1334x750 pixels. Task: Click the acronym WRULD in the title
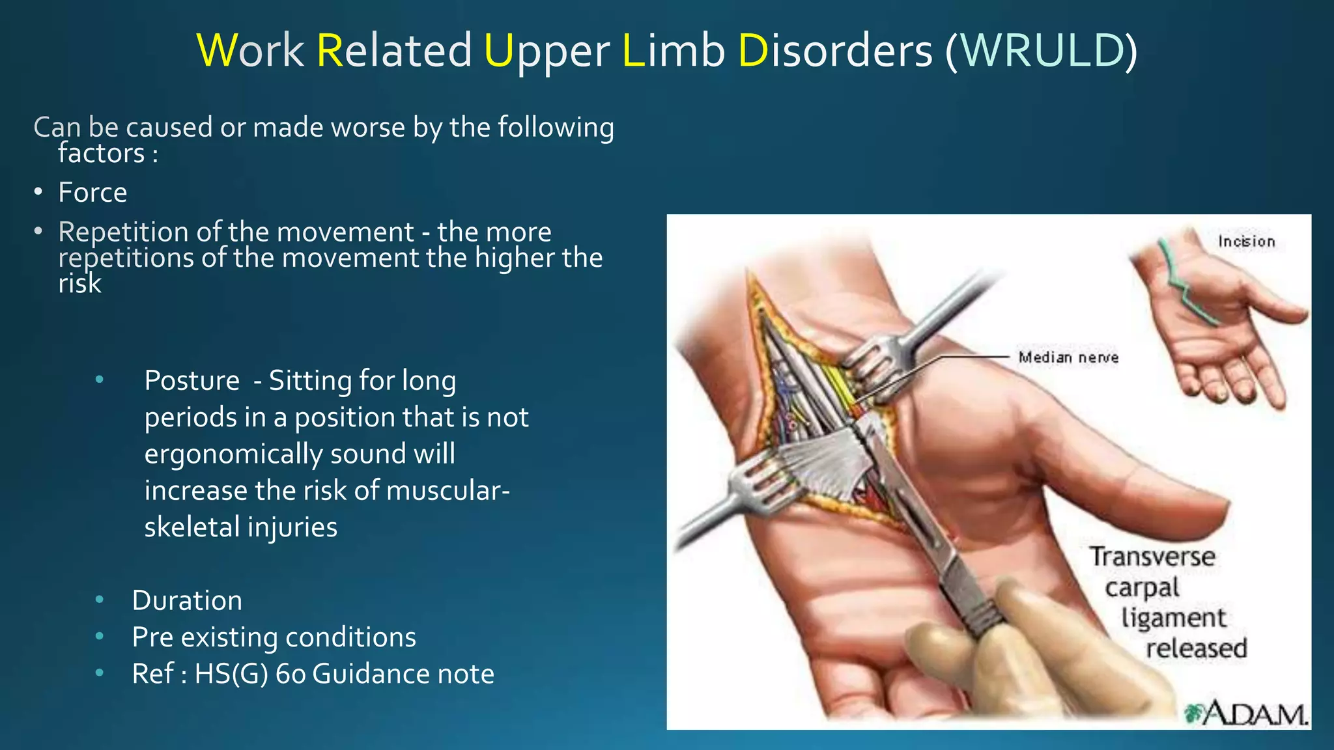[x=1041, y=50]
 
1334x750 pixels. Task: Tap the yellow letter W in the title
[x=216, y=50]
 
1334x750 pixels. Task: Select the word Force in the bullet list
[x=92, y=193]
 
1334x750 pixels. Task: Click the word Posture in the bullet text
[x=192, y=381]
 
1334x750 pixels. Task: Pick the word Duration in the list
[x=187, y=600]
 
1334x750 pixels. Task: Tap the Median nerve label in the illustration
[x=1068, y=357]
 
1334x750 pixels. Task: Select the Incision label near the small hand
[x=1246, y=242]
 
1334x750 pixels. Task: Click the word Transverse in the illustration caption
[x=1152, y=557]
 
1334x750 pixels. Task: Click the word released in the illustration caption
[x=1196, y=648]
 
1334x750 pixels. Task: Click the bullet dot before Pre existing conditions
[x=99, y=637]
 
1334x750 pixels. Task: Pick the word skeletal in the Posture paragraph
[x=192, y=527]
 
